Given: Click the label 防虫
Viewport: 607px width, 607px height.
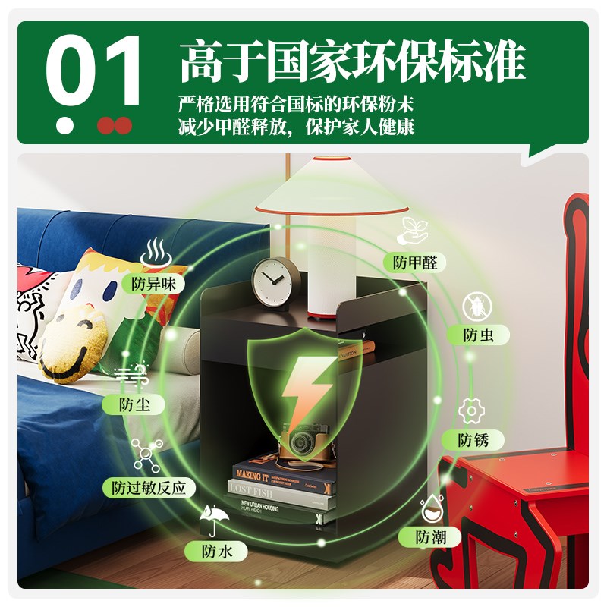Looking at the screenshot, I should [479, 335].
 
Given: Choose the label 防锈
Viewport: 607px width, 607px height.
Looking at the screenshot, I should [473, 439].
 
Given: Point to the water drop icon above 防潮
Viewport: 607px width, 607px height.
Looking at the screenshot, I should [432, 507].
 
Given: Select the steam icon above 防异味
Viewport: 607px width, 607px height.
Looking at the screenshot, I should [156, 250].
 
